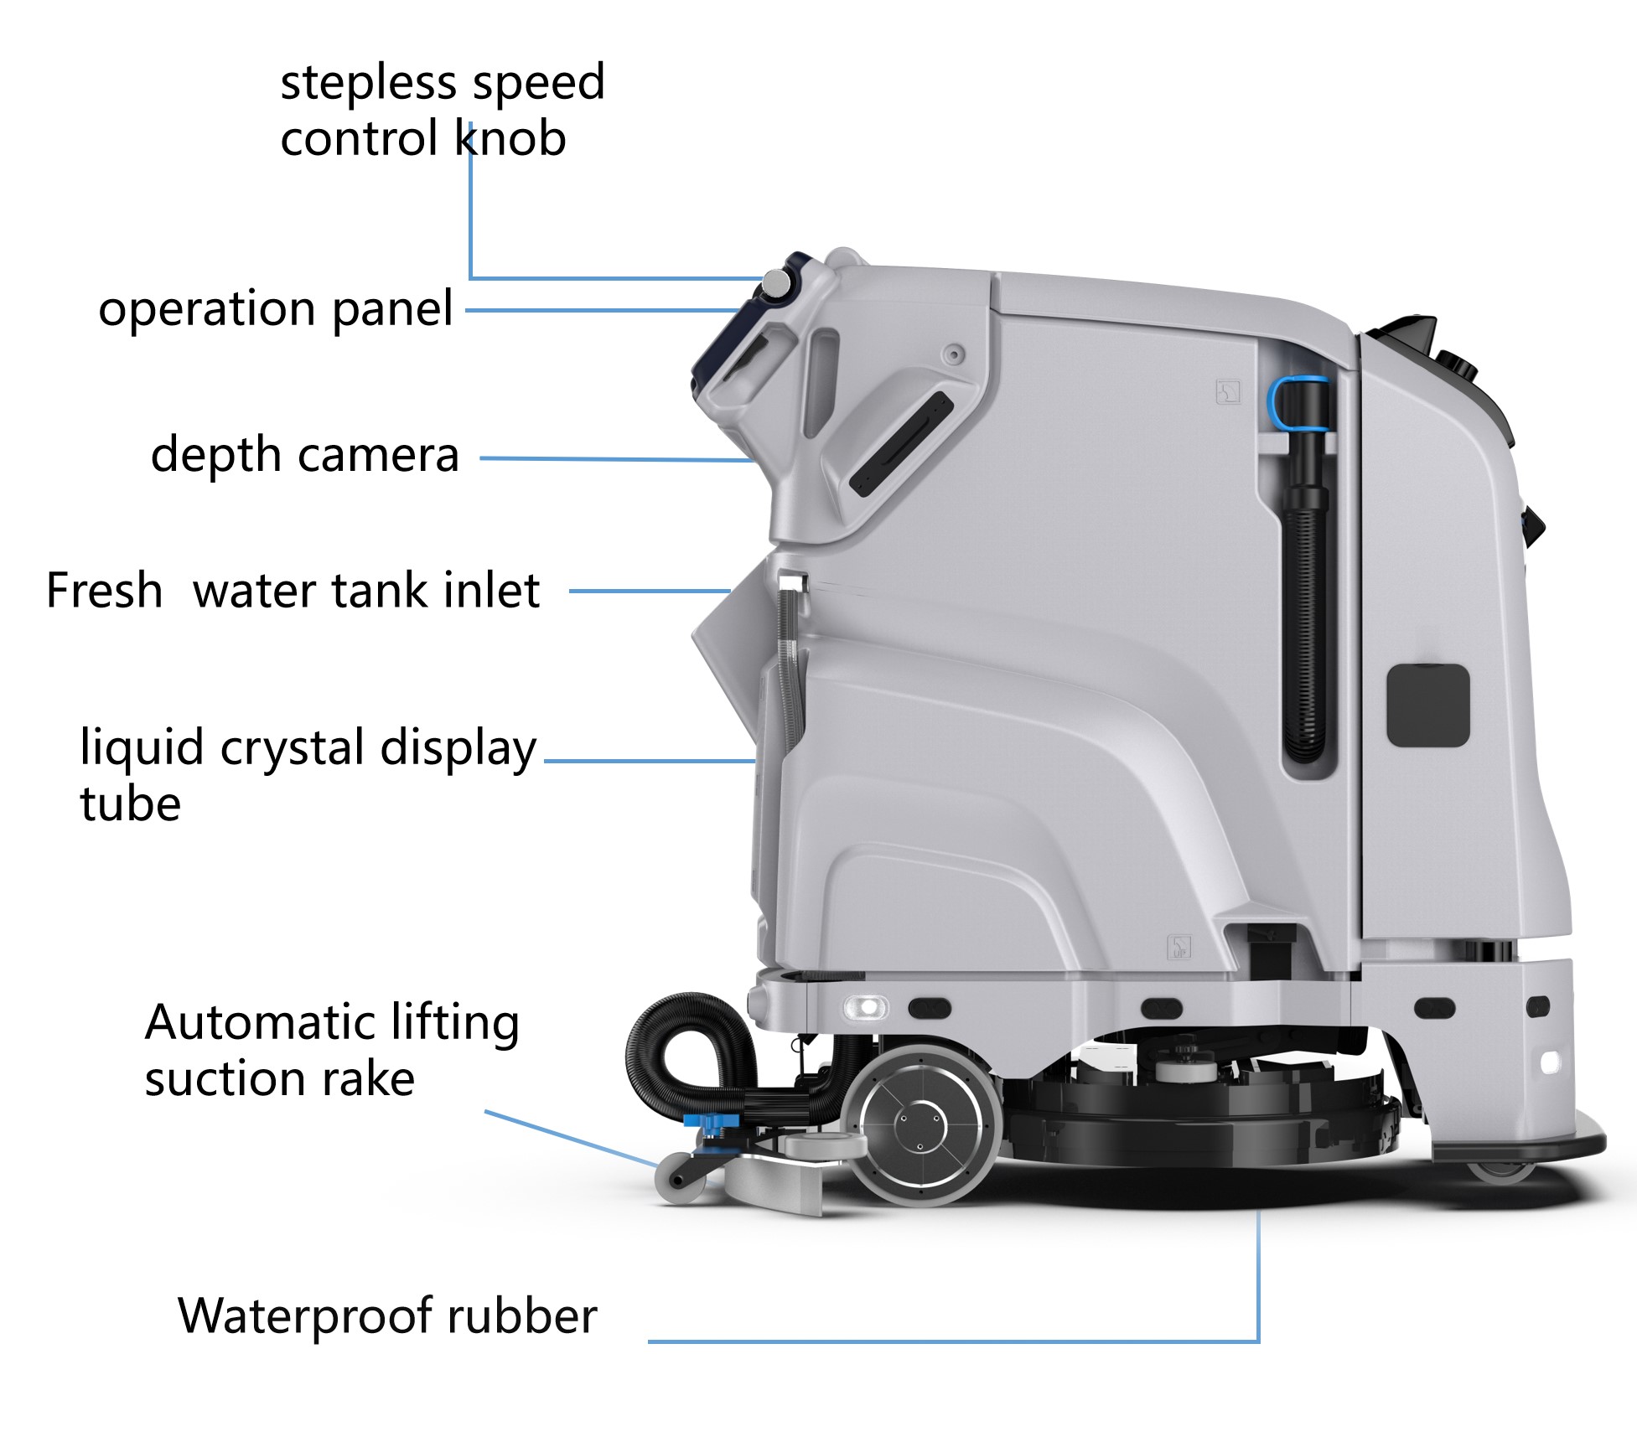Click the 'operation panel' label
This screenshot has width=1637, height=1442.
pos(276,309)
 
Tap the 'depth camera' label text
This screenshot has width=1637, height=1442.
pos(304,455)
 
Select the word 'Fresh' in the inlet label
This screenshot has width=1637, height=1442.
pos(104,590)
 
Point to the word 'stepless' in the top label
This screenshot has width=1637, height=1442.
pos(367,83)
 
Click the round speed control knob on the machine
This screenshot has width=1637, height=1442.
pos(776,285)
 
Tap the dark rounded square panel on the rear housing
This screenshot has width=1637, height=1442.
pos(1428,705)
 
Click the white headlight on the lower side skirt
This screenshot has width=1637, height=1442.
pos(866,1006)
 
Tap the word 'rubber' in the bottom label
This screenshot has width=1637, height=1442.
pos(521,1315)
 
